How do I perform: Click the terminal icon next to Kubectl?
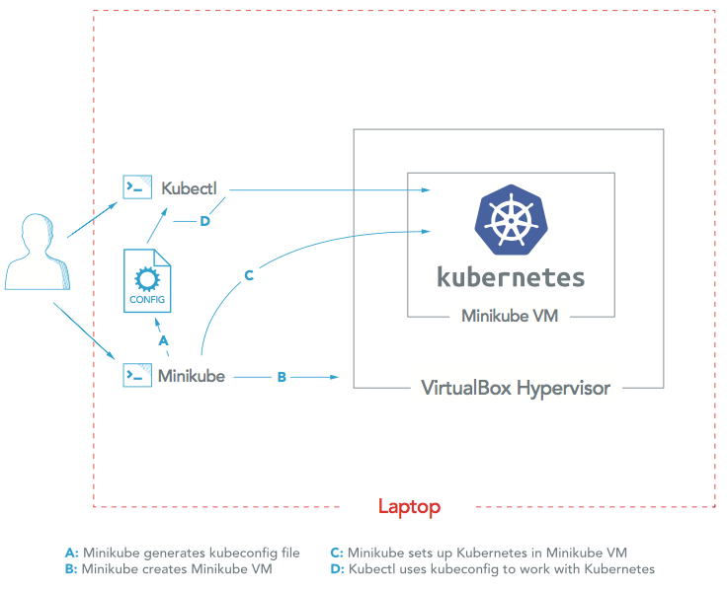coord(135,187)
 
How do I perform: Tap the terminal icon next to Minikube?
coord(135,376)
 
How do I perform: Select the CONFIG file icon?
coord(147,280)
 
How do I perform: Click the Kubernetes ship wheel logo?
coord(512,220)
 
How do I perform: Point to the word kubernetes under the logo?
coord(511,276)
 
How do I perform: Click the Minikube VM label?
coord(511,317)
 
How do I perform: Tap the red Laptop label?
coord(409,507)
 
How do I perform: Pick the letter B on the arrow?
coord(282,377)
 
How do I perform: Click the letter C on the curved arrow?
coord(249,275)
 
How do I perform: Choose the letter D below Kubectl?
coord(204,221)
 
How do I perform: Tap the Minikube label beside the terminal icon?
coord(192,376)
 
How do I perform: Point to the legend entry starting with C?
coord(478,553)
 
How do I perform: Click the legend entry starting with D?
coord(492,569)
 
